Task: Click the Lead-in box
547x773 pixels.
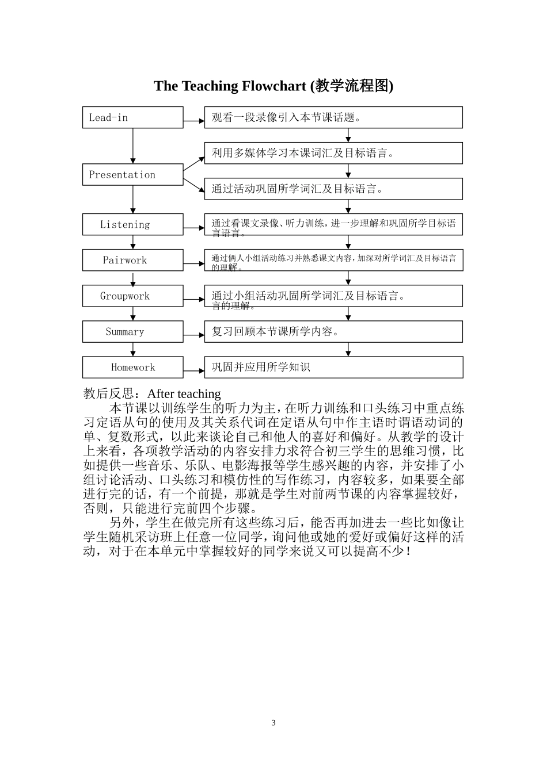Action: coord(132,117)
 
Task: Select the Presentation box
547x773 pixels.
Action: coord(132,175)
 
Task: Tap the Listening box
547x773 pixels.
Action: coord(132,224)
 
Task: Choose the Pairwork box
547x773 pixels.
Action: coord(132,260)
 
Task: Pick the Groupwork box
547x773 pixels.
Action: coord(132,296)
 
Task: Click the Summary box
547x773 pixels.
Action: coord(132,332)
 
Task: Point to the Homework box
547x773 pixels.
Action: coord(132,368)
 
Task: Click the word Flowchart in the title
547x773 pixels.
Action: coord(274,86)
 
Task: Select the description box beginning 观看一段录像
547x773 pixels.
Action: coord(333,117)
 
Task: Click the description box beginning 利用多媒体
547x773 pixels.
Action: coord(333,153)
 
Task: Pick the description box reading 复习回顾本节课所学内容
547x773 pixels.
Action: coord(333,332)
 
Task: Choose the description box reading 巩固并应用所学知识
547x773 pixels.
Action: coord(333,368)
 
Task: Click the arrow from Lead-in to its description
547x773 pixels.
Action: coord(194,121)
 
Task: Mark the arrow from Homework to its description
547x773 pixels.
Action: coord(194,371)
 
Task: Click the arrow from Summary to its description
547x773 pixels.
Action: coord(194,335)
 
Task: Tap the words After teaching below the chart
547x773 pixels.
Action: coord(184,394)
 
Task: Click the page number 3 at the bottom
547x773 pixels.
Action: coord(273,723)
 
